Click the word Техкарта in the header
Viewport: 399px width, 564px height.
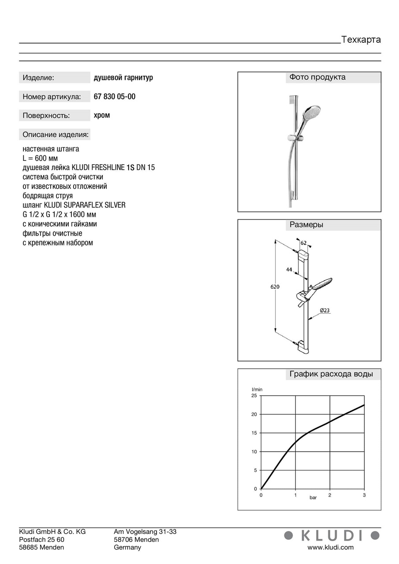click(361, 40)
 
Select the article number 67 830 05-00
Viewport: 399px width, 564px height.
click(115, 96)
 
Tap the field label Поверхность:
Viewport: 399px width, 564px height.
click(46, 115)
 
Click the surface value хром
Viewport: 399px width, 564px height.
click(102, 115)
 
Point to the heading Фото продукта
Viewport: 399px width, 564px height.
click(317, 78)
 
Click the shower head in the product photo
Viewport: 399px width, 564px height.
click(311, 114)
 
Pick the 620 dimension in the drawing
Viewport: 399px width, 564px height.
click(275, 287)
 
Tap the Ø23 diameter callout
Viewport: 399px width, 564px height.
click(324, 311)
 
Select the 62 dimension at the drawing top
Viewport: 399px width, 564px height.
click(304, 243)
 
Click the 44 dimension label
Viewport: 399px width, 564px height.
click(289, 270)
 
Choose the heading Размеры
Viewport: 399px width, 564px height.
click(306, 225)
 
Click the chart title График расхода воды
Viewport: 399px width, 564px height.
click(331, 375)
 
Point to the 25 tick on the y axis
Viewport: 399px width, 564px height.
click(254, 396)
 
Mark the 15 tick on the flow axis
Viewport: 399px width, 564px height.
click(254, 433)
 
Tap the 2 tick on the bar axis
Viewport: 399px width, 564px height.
click(329, 495)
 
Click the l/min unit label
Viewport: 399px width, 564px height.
click(257, 390)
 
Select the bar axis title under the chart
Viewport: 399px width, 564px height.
click(313, 497)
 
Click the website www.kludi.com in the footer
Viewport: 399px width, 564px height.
click(330, 548)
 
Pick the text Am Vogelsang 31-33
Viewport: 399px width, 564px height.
click(145, 532)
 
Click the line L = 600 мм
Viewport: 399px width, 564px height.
click(40, 158)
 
